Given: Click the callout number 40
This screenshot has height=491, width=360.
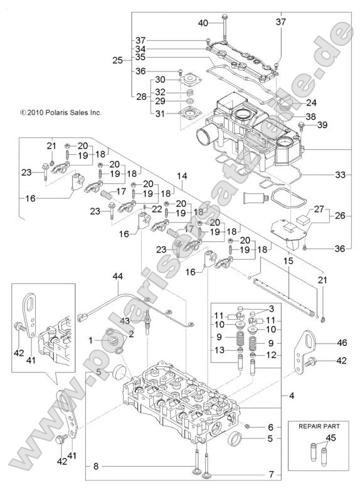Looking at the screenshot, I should click(203, 23).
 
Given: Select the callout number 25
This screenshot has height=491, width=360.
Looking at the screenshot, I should click(117, 61).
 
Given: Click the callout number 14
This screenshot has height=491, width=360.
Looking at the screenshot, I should click(183, 176).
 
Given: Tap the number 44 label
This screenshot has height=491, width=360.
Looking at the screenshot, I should click(118, 277).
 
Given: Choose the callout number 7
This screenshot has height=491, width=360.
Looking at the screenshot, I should click(270, 473).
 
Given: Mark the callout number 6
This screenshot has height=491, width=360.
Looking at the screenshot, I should click(270, 426).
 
